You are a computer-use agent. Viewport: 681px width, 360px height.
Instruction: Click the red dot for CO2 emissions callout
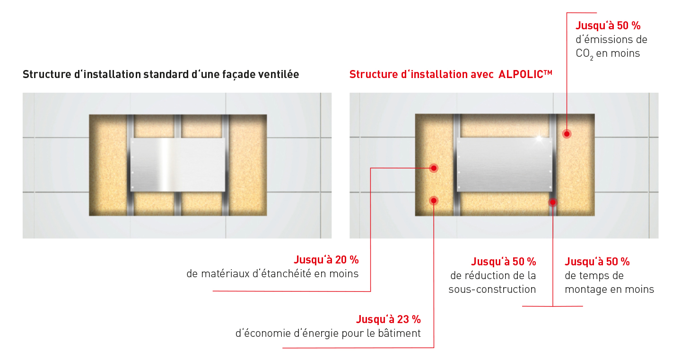[566, 134]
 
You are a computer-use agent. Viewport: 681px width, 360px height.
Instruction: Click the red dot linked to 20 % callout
[433, 168]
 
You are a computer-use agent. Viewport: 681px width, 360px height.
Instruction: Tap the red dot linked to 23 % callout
[433, 201]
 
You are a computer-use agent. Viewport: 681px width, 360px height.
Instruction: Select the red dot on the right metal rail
[552, 202]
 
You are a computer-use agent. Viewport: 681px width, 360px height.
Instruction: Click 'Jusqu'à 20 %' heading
[326, 260]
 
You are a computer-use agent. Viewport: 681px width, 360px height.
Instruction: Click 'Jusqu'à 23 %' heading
[388, 319]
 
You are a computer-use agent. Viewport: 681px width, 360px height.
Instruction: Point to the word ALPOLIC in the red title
[521, 75]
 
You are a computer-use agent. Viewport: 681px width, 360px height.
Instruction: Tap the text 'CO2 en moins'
[607, 53]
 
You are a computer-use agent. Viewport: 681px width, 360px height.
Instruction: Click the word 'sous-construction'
[492, 290]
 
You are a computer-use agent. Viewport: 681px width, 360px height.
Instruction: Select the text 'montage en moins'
[609, 290]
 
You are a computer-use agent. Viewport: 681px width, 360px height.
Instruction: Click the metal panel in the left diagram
[177, 165]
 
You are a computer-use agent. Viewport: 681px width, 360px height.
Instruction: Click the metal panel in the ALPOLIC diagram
[504, 165]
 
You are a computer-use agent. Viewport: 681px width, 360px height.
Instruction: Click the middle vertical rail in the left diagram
[178, 203]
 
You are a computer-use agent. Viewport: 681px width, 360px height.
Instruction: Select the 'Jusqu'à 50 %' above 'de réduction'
[503, 262]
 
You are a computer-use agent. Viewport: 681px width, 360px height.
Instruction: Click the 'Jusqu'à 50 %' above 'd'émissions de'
[608, 26]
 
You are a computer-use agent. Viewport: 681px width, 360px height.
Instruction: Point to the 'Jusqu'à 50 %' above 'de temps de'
[597, 262]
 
